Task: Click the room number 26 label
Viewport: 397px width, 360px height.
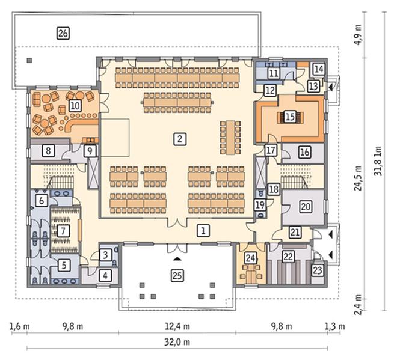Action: click(63, 33)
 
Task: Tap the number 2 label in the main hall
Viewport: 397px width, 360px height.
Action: click(180, 139)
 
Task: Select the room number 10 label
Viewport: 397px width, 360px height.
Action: click(75, 106)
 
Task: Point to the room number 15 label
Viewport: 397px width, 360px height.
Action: click(290, 117)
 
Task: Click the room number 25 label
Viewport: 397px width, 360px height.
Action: click(177, 275)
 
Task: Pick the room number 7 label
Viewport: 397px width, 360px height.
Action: click(63, 231)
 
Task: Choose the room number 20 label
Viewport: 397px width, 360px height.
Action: click(306, 206)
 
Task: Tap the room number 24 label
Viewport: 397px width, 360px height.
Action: click(251, 258)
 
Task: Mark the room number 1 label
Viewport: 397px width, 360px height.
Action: click(203, 230)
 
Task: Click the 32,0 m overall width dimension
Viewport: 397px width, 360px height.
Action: click(177, 343)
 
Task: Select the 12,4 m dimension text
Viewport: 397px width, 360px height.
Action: click(177, 326)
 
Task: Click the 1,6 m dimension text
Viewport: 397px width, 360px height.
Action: click(19, 326)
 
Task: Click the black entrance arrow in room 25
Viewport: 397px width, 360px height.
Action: click(177, 258)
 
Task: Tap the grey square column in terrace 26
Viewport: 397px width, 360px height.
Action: click(29, 60)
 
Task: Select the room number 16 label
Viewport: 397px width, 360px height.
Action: click(304, 152)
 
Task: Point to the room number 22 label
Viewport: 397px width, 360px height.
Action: click(288, 257)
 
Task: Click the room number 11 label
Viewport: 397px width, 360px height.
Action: click(274, 73)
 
